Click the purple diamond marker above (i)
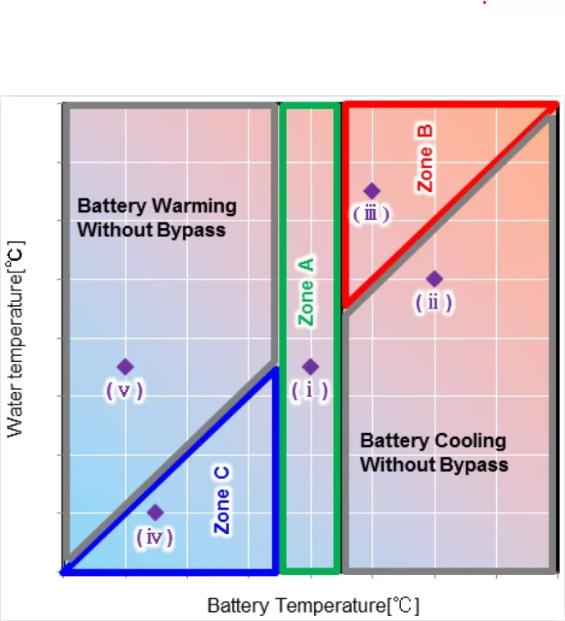point(310,367)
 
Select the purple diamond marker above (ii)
point(435,279)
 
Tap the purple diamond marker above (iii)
point(371,191)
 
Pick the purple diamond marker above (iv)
point(155,513)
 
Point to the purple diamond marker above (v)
point(125,367)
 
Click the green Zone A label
point(305,292)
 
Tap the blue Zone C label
point(222,500)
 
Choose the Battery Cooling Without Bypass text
point(434,453)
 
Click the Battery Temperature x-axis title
point(313,606)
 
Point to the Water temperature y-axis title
point(15,337)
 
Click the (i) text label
point(310,390)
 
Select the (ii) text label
point(434,303)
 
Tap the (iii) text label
point(371,214)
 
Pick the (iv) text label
point(155,537)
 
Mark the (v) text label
point(125,390)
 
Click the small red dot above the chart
point(485,3)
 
